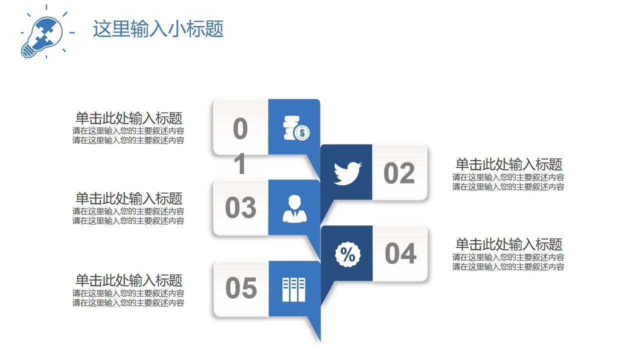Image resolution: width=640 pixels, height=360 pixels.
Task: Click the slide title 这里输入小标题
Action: pyautogui.click(x=158, y=29)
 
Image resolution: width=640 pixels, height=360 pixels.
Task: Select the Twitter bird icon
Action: pyautogui.click(x=347, y=173)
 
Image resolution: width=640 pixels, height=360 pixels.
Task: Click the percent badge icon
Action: pyautogui.click(x=347, y=254)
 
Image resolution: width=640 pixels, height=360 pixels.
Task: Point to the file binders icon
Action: pyautogui.click(x=293, y=289)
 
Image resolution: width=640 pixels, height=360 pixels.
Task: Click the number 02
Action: pyautogui.click(x=399, y=173)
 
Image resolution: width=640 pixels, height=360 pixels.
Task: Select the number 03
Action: pyautogui.click(x=240, y=208)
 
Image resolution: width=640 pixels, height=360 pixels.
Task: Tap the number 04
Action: pyautogui.click(x=400, y=253)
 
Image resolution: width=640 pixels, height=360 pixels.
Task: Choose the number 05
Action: pyautogui.click(x=241, y=288)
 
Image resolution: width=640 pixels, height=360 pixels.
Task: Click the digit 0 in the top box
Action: pyautogui.click(x=240, y=129)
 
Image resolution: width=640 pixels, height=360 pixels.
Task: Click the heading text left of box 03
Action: pyautogui.click(x=128, y=198)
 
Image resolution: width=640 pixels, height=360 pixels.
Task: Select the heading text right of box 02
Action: pyautogui.click(x=508, y=164)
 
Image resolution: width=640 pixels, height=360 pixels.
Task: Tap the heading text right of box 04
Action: pyautogui.click(x=508, y=244)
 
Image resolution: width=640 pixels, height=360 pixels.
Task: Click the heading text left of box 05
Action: pyautogui.click(x=128, y=280)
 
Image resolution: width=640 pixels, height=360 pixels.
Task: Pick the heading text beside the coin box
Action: pyautogui.click(x=128, y=118)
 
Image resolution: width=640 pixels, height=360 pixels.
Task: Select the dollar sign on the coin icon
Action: pyautogui.click(x=302, y=133)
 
